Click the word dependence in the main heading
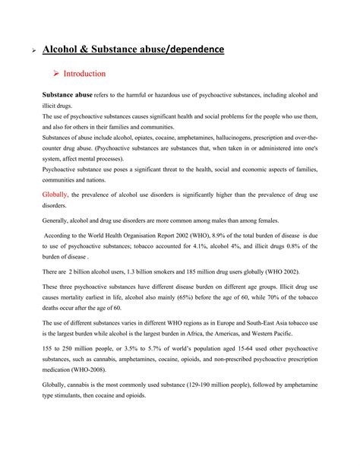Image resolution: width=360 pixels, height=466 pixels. (194, 49)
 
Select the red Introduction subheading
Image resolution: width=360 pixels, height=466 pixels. (84, 74)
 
